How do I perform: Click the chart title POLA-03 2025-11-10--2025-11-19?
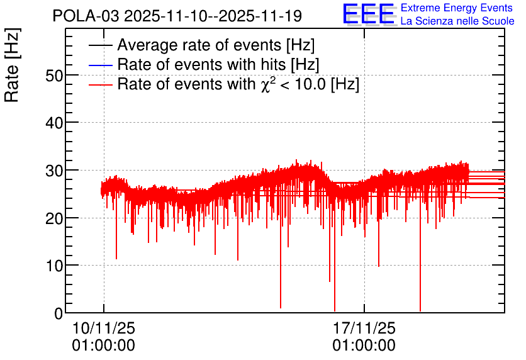(x=177, y=16)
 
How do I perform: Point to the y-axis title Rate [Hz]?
(x=12, y=65)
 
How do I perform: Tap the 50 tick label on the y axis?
(x=54, y=76)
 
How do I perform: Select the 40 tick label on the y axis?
(x=54, y=123)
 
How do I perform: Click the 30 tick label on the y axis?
(x=54, y=171)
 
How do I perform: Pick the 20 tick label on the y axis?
(x=54, y=218)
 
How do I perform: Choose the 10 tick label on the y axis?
(x=54, y=266)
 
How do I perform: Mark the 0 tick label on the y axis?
(x=59, y=313)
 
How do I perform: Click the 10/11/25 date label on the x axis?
(x=104, y=328)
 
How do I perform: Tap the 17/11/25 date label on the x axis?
(x=364, y=328)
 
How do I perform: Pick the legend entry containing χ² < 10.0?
(x=238, y=84)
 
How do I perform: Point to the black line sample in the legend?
(x=101, y=45)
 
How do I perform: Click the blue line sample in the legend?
(x=101, y=65)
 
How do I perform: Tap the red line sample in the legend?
(x=101, y=84)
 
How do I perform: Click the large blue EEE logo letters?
(x=368, y=14)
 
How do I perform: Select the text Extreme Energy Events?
(x=457, y=8)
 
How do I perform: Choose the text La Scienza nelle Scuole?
(x=457, y=21)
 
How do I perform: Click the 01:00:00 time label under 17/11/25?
(x=364, y=346)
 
